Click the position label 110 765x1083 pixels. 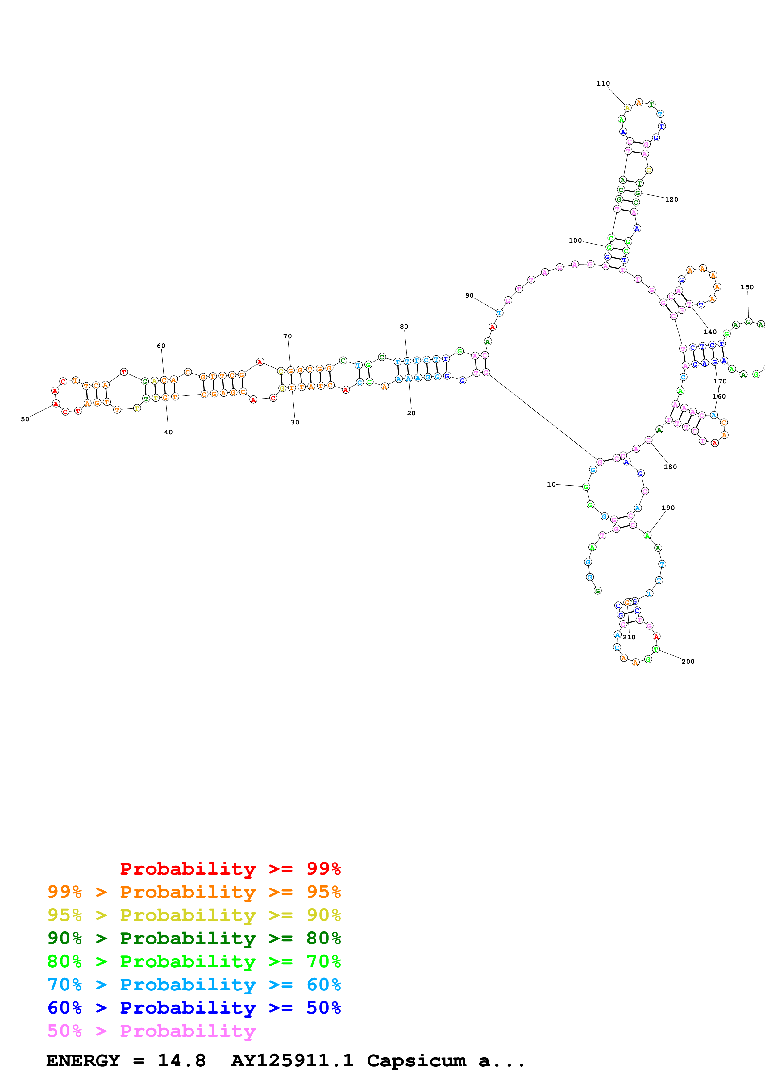[x=603, y=83]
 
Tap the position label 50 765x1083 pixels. [x=25, y=419]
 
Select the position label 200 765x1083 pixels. [x=688, y=662]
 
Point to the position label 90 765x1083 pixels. [x=469, y=296]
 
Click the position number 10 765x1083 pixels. [x=551, y=484]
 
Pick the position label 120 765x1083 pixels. [x=672, y=199]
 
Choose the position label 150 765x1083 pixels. [x=747, y=287]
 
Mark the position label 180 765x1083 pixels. [x=670, y=467]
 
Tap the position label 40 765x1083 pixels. [x=168, y=433]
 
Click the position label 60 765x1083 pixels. [x=161, y=346]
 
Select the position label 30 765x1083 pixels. [x=295, y=423]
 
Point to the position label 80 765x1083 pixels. [x=404, y=327]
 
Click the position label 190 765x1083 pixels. [x=668, y=508]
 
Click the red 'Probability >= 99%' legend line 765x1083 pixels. [x=230, y=869]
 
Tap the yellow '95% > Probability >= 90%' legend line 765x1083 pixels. [x=194, y=915]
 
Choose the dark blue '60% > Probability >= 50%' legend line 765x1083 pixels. [x=194, y=1008]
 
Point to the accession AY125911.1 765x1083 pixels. [x=292, y=1061]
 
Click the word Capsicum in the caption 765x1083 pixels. [x=416, y=1061]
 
